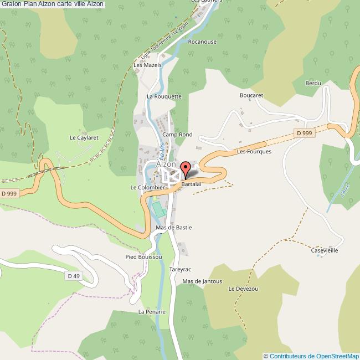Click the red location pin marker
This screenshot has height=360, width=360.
[186, 168]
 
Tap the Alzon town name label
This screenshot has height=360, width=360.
[166, 164]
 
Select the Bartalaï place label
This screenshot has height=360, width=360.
[191, 183]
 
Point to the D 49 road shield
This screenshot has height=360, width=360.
[73, 276]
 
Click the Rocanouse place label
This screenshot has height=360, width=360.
[202, 42]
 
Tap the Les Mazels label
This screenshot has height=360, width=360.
[147, 65]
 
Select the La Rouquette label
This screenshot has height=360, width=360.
[164, 96]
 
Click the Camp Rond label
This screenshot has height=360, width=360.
[177, 135]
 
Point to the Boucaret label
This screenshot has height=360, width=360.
[251, 95]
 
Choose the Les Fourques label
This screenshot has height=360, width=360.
[254, 151]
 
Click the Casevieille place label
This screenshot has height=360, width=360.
[324, 250]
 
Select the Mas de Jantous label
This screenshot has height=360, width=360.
[202, 281]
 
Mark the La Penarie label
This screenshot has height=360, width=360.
[152, 312]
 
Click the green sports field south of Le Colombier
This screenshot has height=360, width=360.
[159, 209]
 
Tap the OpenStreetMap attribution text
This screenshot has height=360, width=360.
[311, 356]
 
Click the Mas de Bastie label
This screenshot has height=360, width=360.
[174, 227]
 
